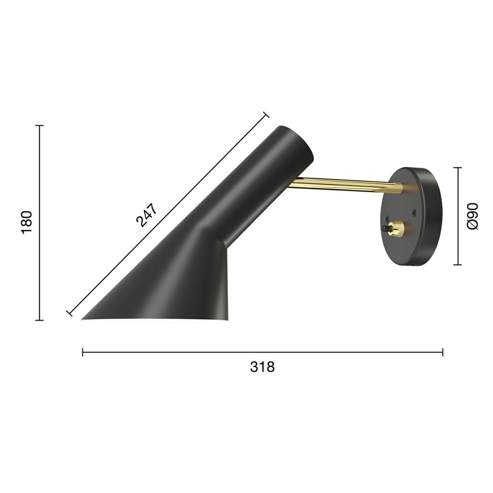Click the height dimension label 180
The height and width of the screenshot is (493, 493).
(x=27, y=222)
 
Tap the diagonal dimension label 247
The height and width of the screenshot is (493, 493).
(x=146, y=215)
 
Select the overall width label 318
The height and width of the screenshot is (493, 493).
(x=262, y=366)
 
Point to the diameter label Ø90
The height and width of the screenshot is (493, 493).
(x=472, y=216)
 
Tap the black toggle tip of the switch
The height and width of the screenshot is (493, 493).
(x=385, y=228)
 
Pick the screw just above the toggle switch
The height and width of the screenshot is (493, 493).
(x=387, y=218)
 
